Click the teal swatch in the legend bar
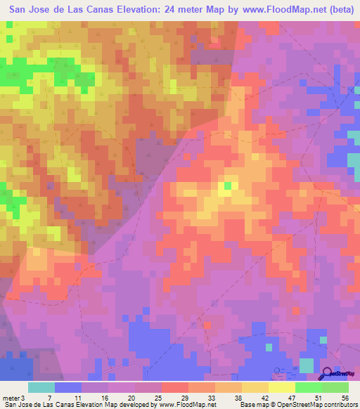click(41, 387)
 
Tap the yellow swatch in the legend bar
click(281, 387)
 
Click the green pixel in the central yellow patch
click(227, 186)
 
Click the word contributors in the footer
click(339, 405)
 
